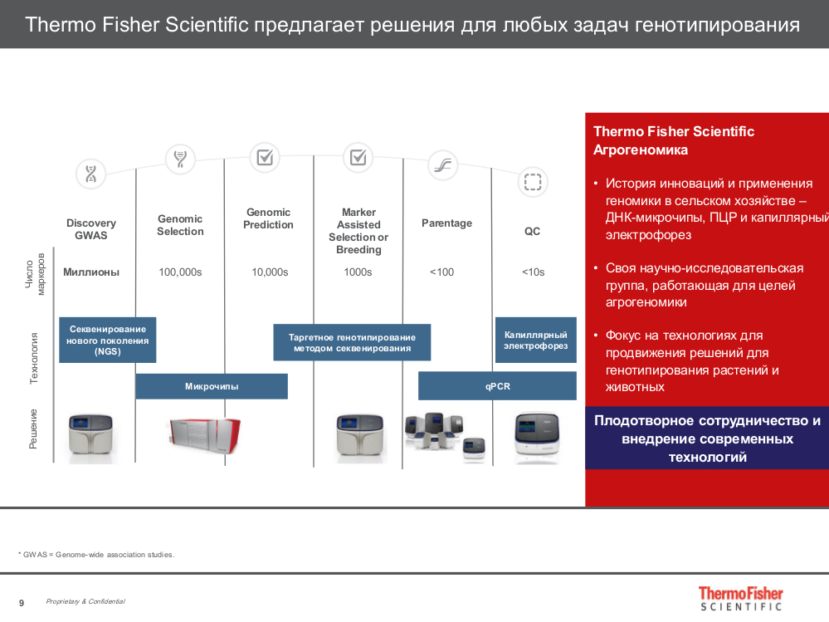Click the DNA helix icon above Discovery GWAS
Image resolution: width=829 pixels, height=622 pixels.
90,174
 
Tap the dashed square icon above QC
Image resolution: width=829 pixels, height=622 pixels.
532,182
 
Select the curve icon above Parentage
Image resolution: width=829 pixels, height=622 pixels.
442,165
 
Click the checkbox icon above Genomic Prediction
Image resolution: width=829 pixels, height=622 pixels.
265,156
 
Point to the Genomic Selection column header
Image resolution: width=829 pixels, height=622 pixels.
180,225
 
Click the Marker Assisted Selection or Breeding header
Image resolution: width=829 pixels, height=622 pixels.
358,231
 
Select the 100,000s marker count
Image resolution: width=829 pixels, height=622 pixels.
180,272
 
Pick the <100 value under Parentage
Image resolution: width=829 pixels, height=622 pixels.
441,272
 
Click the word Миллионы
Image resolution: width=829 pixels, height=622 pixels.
91,272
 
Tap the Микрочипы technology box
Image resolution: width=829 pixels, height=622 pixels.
212,386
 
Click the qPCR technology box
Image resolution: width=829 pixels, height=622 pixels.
497,386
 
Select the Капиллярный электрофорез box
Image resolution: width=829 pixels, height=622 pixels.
535,340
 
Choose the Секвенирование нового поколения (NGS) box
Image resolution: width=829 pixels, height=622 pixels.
108,340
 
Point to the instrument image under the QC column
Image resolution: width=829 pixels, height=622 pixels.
535,437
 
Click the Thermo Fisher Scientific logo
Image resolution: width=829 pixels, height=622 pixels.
740,598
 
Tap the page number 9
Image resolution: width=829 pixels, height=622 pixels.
22,602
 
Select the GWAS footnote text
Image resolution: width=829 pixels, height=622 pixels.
96,555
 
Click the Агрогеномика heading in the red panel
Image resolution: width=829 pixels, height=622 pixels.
641,150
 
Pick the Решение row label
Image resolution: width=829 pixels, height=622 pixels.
34,429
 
